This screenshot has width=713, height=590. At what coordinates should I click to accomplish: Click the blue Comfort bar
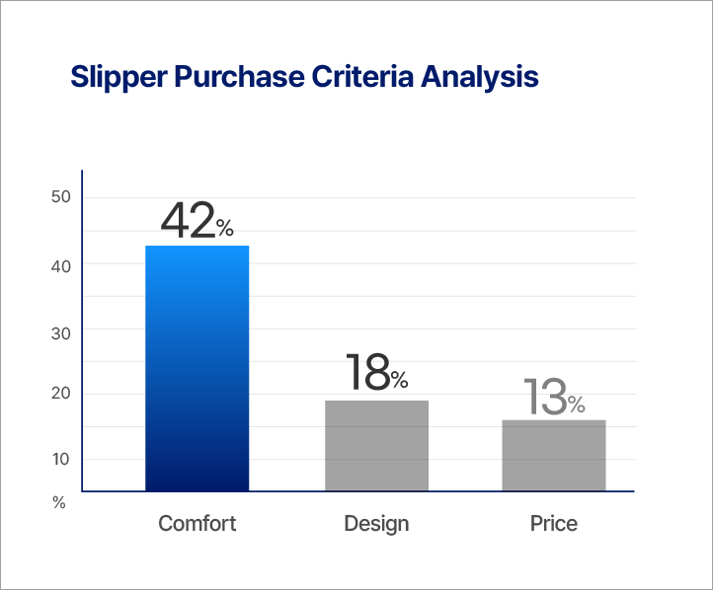(x=197, y=368)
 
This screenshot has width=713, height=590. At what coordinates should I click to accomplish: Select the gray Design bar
(x=376, y=445)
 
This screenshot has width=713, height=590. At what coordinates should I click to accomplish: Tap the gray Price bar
(x=554, y=455)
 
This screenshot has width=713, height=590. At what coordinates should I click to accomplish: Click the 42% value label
(x=197, y=221)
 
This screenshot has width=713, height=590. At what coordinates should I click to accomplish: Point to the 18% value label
(x=376, y=373)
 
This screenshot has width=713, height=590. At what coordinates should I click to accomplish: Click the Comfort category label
(x=198, y=523)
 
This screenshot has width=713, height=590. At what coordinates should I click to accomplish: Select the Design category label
(x=376, y=523)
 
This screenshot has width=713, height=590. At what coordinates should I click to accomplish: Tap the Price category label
(x=554, y=523)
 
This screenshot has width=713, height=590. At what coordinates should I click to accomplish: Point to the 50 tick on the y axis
(x=60, y=197)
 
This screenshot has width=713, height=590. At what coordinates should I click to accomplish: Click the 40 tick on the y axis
(x=60, y=264)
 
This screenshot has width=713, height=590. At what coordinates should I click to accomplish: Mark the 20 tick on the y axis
(x=60, y=394)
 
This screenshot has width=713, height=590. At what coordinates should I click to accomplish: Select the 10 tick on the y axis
(x=60, y=459)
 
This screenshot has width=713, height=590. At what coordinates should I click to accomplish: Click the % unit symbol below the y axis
(x=59, y=503)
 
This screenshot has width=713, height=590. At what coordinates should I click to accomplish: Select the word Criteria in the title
(x=356, y=77)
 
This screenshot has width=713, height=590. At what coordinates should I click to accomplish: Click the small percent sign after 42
(x=225, y=230)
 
